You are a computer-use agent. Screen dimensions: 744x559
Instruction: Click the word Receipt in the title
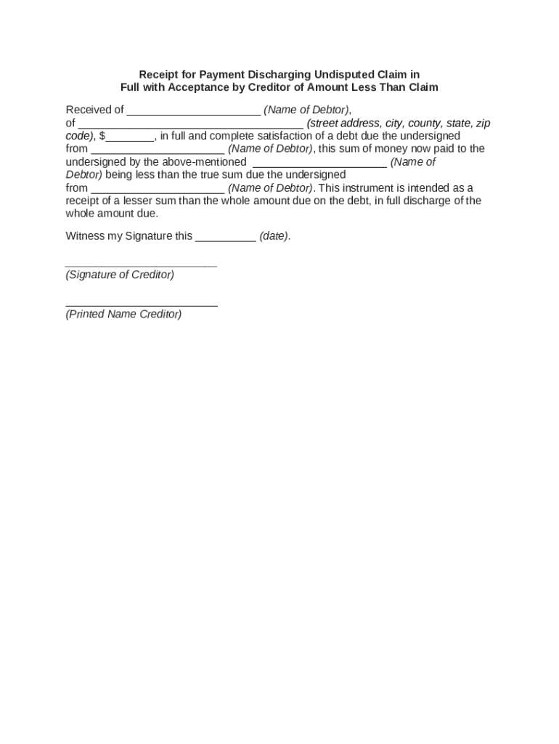[158, 75]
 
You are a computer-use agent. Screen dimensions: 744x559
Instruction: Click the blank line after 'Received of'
[194, 111]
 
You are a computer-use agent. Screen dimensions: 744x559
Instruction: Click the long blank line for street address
[190, 124]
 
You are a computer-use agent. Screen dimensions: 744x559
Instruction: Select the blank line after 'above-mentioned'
[319, 163]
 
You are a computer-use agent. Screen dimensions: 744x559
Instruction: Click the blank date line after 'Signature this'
[226, 238]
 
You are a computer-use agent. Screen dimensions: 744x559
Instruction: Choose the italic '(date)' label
[275, 236]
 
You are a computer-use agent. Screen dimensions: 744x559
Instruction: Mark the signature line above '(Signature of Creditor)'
[141, 266]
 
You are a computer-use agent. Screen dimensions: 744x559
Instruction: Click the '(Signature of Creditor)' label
[120, 275]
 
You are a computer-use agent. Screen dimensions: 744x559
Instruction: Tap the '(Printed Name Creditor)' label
[123, 315]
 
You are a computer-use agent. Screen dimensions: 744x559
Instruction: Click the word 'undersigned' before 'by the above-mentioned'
[96, 162]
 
